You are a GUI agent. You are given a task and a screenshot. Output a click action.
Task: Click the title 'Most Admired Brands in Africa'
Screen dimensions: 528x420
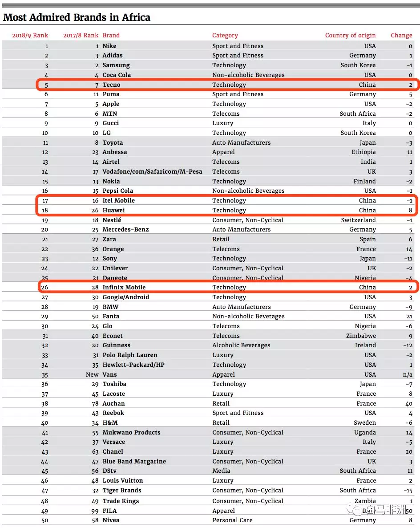[x=77, y=17]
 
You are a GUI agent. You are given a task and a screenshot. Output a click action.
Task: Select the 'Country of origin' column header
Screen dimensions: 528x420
[x=350, y=35]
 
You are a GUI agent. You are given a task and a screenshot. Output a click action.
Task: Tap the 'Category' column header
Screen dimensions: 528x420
[x=225, y=35]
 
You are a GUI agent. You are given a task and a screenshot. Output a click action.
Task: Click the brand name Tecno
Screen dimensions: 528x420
[x=111, y=85]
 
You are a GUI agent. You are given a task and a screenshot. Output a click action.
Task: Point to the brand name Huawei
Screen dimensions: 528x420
[x=113, y=210]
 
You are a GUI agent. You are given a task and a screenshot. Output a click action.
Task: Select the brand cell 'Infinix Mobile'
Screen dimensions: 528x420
[x=124, y=287]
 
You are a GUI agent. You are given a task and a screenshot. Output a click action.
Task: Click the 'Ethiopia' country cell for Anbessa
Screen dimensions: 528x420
[x=363, y=152]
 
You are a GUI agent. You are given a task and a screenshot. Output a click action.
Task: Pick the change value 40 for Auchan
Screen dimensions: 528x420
[x=408, y=403]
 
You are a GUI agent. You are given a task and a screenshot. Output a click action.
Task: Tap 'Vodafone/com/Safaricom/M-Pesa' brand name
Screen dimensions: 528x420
[x=152, y=171]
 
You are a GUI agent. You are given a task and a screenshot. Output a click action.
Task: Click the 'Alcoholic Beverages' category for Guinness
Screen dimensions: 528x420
[x=241, y=345]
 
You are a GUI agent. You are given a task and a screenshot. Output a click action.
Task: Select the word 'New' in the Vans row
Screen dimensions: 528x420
[x=92, y=374]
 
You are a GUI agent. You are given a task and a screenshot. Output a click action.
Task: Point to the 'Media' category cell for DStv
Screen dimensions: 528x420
[x=221, y=471]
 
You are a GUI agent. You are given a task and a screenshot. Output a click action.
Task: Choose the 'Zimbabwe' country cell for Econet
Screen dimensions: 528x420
[x=361, y=336]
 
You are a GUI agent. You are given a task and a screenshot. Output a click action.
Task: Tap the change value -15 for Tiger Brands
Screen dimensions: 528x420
[x=407, y=490]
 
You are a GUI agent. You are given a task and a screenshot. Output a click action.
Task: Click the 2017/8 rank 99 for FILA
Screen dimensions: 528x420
[x=94, y=511]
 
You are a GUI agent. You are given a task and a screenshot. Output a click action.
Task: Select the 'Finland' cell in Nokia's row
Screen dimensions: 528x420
[x=364, y=181]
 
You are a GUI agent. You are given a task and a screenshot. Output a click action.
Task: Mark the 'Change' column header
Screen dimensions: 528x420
[x=401, y=35]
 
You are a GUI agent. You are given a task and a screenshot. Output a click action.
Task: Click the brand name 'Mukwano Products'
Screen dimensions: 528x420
[x=131, y=432]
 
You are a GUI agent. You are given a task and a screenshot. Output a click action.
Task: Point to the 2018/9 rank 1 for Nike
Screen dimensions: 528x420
[x=47, y=46]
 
